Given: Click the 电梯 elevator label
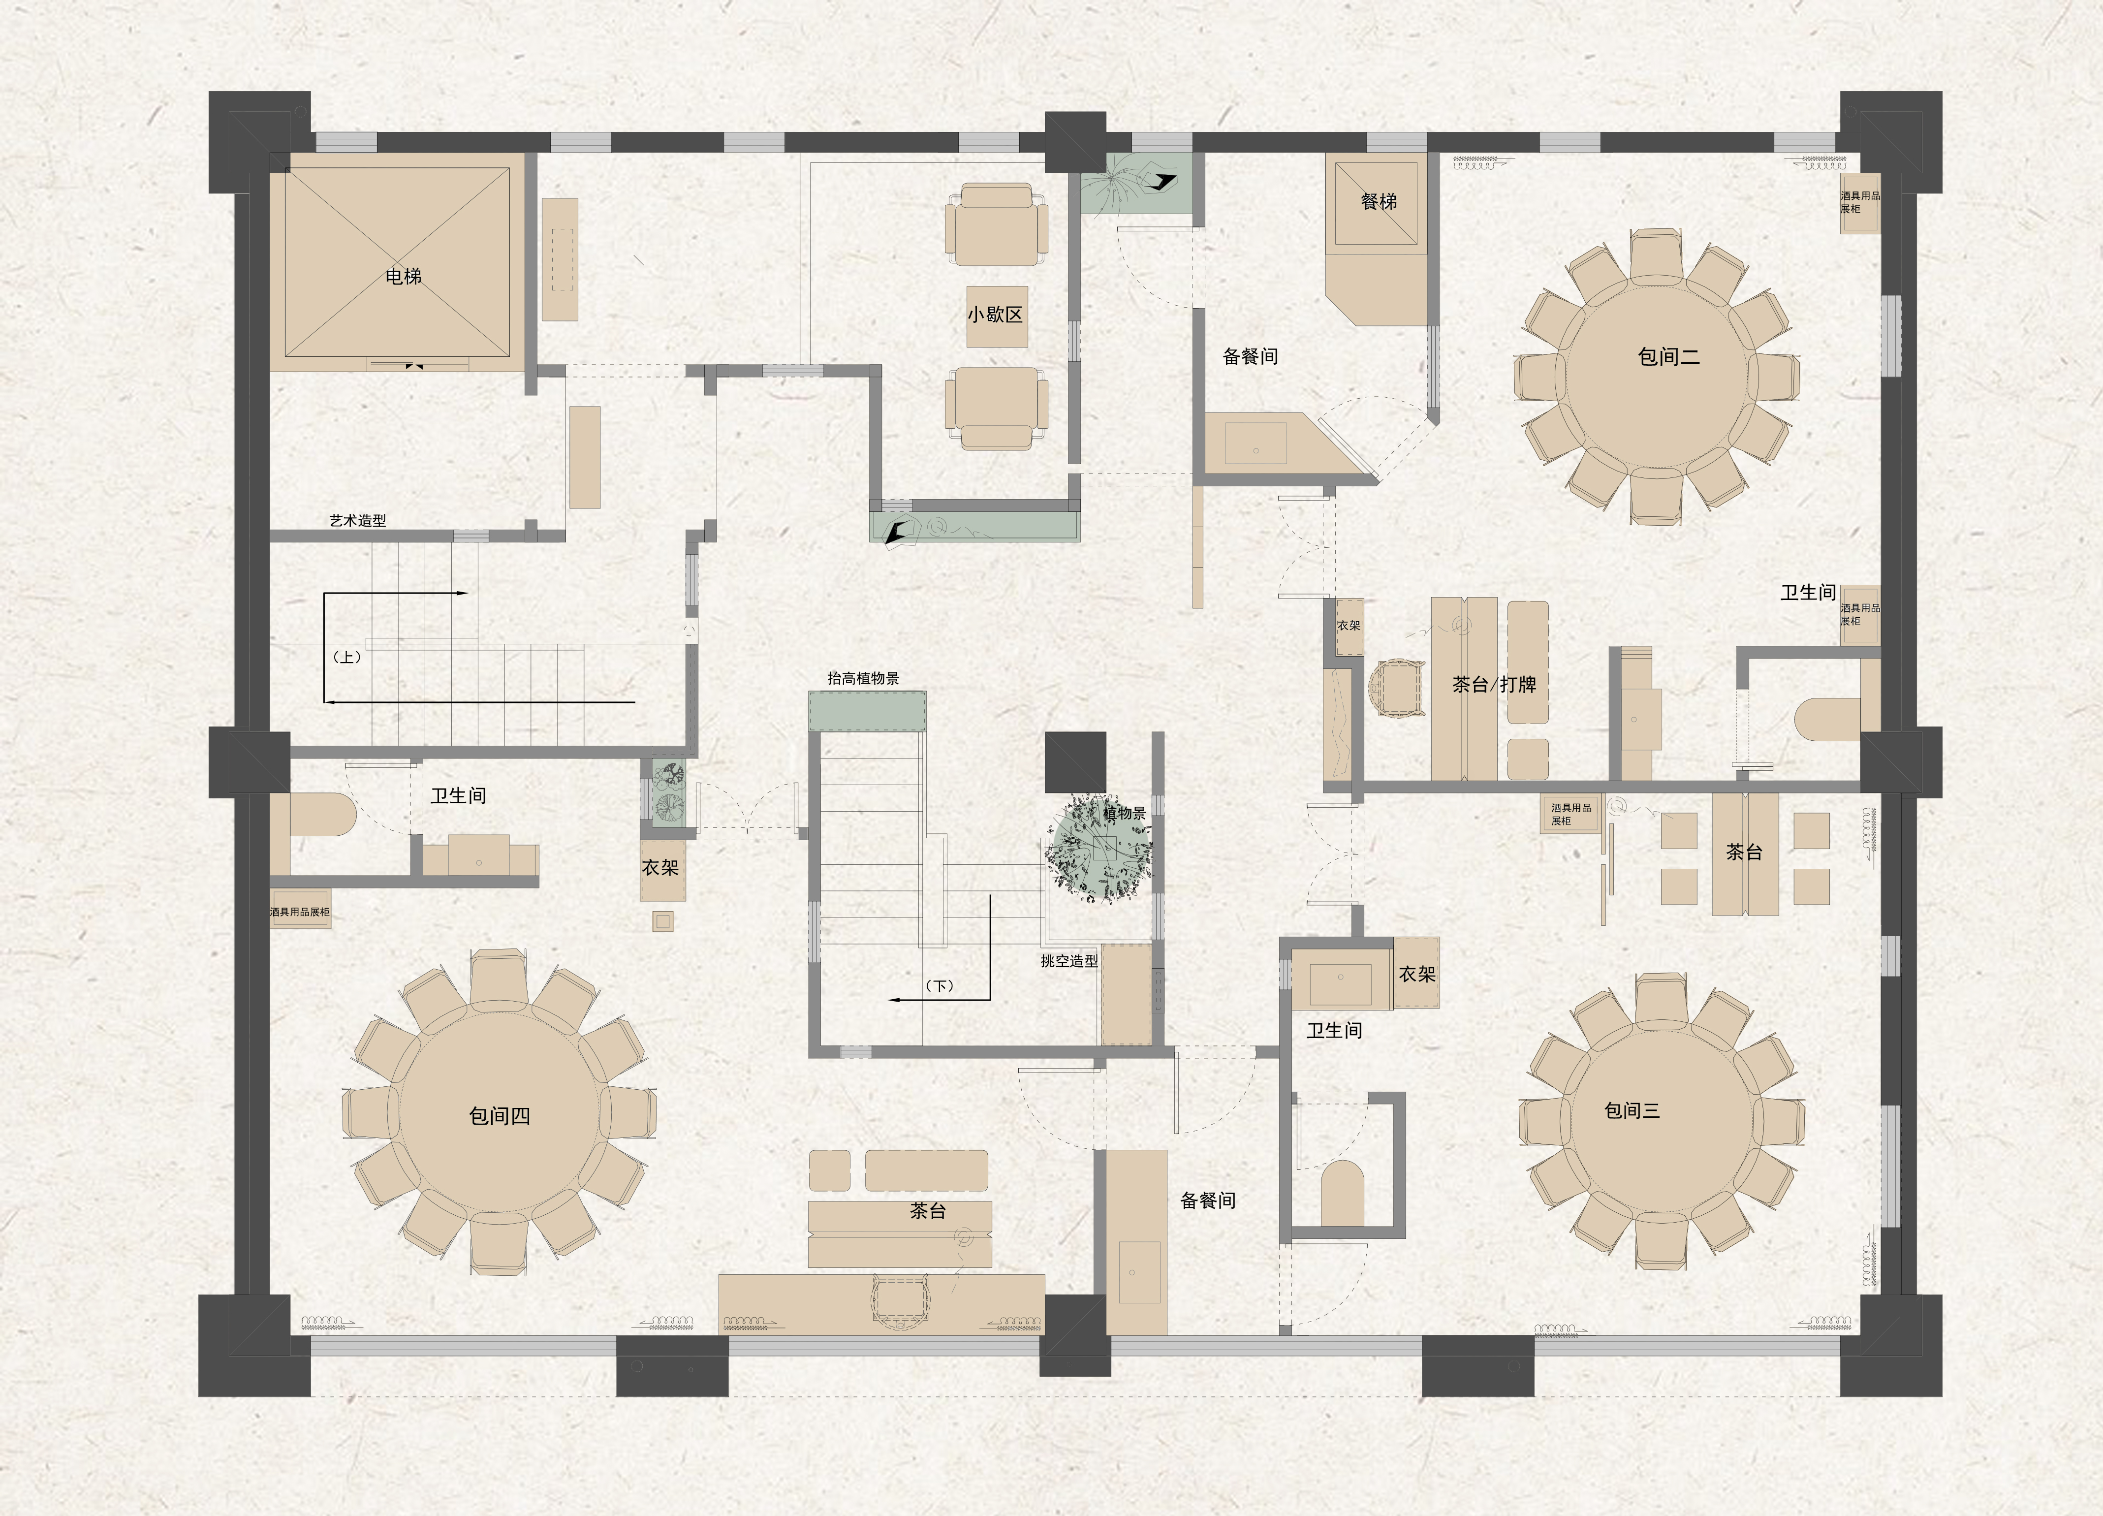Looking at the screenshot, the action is pyautogui.click(x=404, y=276).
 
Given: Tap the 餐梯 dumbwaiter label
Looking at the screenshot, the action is pyautogui.click(x=1379, y=201).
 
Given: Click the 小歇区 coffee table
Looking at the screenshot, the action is pyautogui.click(x=997, y=317).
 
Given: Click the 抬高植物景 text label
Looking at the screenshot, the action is pyautogui.click(x=863, y=678).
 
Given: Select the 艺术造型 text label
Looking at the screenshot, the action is pyautogui.click(x=358, y=520).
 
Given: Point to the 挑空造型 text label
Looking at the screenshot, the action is pyautogui.click(x=1069, y=961).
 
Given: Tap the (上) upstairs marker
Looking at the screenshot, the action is pyautogui.click(x=347, y=657).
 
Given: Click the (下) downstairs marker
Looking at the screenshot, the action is pyautogui.click(x=940, y=985).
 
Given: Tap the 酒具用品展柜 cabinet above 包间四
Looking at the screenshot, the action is pyautogui.click(x=300, y=913).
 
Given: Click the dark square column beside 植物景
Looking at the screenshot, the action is pyautogui.click(x=1075, y=762).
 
